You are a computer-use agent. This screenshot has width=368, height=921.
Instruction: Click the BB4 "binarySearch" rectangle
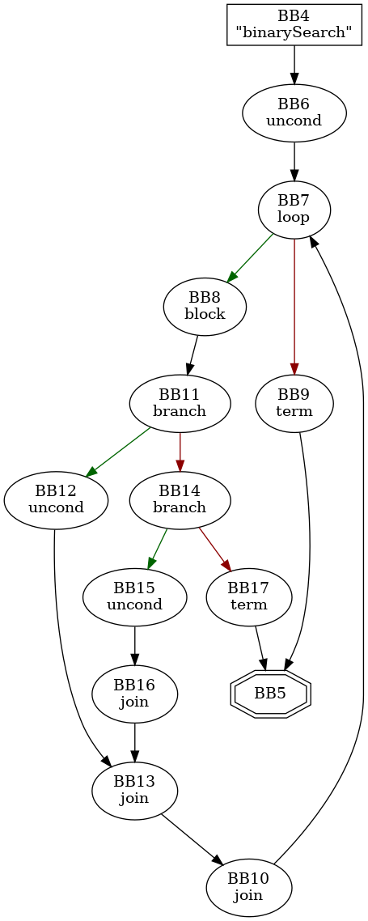point(294,24)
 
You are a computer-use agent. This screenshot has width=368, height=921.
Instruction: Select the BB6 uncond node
point(294,112)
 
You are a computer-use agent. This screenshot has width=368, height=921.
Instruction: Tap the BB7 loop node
point(294,210)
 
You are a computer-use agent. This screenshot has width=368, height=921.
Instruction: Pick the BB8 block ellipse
point(205,307)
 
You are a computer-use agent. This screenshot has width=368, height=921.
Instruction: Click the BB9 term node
point(294,404)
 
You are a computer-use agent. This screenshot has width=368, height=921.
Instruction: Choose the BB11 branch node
point(180,404)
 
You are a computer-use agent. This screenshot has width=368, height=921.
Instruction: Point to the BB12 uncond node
point(56,500)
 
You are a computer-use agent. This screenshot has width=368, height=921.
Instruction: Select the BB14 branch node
point(180,500)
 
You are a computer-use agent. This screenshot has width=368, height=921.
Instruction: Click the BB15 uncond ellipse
point(135,597)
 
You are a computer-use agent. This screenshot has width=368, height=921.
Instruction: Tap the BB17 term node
point(249,597)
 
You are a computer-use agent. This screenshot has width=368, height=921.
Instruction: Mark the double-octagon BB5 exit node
point(271,693)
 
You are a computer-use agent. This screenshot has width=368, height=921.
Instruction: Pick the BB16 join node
point(135,694)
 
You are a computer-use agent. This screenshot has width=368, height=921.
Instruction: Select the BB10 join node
point(249,888)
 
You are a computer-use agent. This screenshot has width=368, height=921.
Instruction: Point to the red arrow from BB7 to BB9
point(294,307)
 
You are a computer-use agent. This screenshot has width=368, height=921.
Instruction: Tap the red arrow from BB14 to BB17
point(214,550)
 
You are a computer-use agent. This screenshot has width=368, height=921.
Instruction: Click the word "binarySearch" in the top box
point(294,33)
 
